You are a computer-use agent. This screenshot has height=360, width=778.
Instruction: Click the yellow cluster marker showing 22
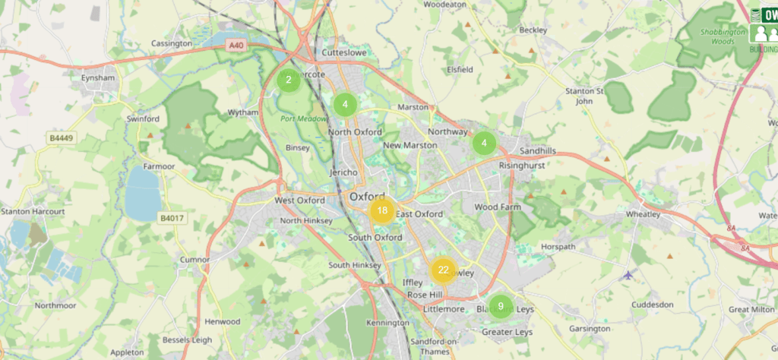[443, 270]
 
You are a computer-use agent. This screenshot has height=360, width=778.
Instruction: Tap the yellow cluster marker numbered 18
[381, 211]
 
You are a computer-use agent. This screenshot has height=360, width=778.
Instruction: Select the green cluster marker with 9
[500, 306]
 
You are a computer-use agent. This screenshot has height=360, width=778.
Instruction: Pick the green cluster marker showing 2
[289, 79]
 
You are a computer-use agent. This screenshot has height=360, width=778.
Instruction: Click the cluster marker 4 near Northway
[484, 142]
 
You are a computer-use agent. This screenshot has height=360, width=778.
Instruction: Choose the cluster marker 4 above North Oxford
[345, 104]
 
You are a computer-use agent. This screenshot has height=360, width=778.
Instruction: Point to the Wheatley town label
[662, 215]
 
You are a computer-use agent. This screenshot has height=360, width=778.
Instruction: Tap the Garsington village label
[589, 329]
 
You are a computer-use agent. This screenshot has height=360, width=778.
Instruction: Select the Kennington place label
[387, 323]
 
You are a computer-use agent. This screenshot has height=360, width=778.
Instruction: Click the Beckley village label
[533, 30]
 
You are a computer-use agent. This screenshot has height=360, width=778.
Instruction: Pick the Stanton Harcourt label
[26, 210]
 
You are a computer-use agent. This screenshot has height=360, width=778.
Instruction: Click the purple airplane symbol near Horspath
[628, 274]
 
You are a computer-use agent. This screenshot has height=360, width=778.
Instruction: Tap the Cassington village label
[172, 44]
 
